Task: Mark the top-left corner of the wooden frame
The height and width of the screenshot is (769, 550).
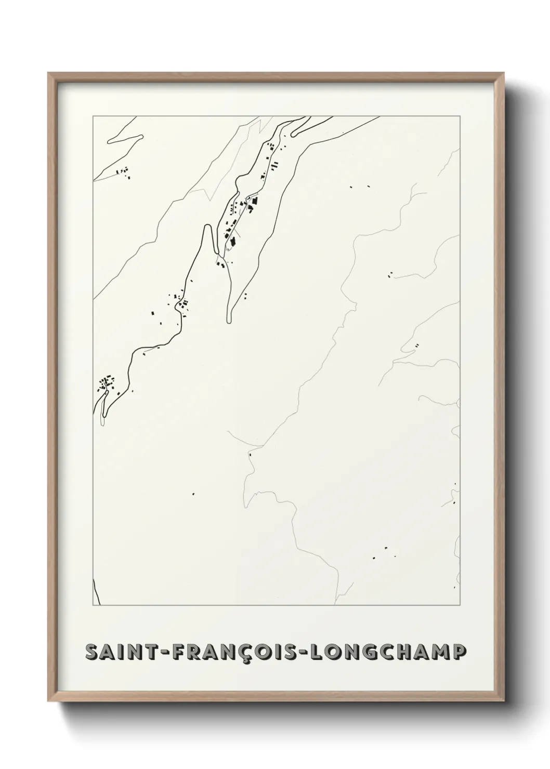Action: point(48,73)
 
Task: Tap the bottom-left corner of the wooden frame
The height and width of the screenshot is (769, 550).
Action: point(48,702)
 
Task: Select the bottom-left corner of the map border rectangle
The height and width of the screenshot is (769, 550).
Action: point(93,605)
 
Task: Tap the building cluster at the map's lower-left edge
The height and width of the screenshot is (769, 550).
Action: point(108,383)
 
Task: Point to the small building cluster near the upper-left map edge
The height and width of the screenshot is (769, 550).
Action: point(124,172)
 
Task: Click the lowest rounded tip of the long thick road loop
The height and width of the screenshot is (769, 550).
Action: point(229,322)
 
